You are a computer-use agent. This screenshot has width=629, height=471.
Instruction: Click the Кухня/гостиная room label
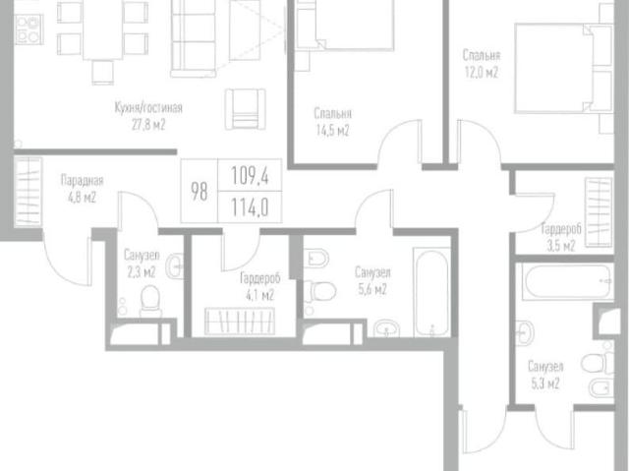click(x=148, y=108)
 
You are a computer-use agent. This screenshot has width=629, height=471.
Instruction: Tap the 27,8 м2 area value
click(x=148, y=126)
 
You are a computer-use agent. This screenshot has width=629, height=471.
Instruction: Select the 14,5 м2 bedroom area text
click(x=333, y=130)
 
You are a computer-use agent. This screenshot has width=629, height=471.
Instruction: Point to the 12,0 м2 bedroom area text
click(x=483, y=72)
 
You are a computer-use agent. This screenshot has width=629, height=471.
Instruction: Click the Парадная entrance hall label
click(x=82, y=180)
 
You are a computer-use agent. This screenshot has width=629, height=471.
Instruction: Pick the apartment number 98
click(x=199, y=191)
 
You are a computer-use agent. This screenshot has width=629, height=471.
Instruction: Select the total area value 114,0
click(x=249, y=206)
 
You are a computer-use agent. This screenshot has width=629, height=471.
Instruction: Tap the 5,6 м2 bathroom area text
click(x=371, y=290)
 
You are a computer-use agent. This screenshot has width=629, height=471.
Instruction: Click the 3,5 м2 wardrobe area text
click(x=558, y=246)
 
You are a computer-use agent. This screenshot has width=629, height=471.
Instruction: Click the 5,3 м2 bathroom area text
click(x=543, y=383)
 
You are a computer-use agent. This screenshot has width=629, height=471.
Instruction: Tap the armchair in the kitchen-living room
click(x=244, y=105)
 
